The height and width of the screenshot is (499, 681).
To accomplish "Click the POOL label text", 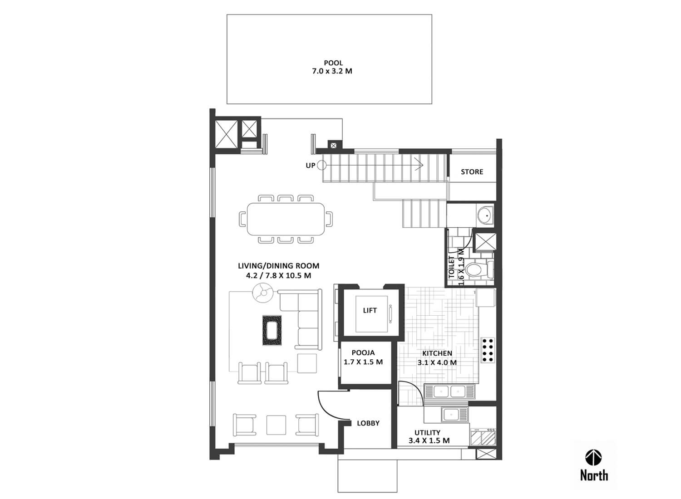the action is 333,63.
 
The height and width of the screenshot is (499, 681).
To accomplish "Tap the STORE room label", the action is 472,172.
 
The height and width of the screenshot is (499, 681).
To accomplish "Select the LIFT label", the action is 370,310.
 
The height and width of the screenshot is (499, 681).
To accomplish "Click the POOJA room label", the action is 363,352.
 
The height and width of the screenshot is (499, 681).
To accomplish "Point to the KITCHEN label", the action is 437,353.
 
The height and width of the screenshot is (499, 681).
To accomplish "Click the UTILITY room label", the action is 427,432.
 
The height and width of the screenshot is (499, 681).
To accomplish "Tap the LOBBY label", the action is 368,423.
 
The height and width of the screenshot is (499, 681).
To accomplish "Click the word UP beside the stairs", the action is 311,166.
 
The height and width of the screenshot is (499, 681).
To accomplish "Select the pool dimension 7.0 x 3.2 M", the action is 332,71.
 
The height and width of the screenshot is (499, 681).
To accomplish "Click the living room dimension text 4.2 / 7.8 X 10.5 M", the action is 278,276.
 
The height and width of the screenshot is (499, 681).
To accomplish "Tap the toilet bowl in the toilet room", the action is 475,269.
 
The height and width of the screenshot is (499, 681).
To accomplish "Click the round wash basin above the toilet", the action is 485,215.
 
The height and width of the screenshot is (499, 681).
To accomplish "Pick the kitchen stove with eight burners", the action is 488,350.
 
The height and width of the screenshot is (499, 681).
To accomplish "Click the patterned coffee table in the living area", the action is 272,330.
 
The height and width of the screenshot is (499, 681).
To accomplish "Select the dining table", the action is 286,219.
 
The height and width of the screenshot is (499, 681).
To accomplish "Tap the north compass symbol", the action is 594,458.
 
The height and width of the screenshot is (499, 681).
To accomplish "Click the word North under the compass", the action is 594,475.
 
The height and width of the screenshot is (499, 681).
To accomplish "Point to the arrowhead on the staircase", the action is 420,165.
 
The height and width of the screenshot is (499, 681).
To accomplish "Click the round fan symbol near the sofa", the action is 263,293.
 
